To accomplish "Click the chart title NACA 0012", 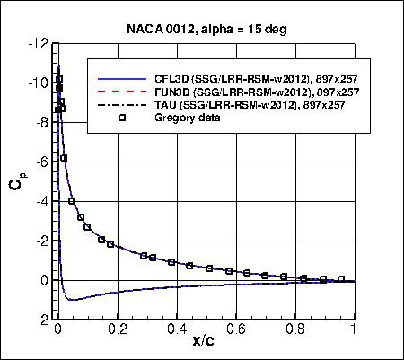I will pos(201,29).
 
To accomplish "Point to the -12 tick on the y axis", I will pos(39,43).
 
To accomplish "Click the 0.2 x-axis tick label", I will pos(117,329).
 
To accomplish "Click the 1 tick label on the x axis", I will pos(354,329).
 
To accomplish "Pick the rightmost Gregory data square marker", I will pos(341,279).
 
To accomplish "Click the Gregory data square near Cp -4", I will pos(72,201).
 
